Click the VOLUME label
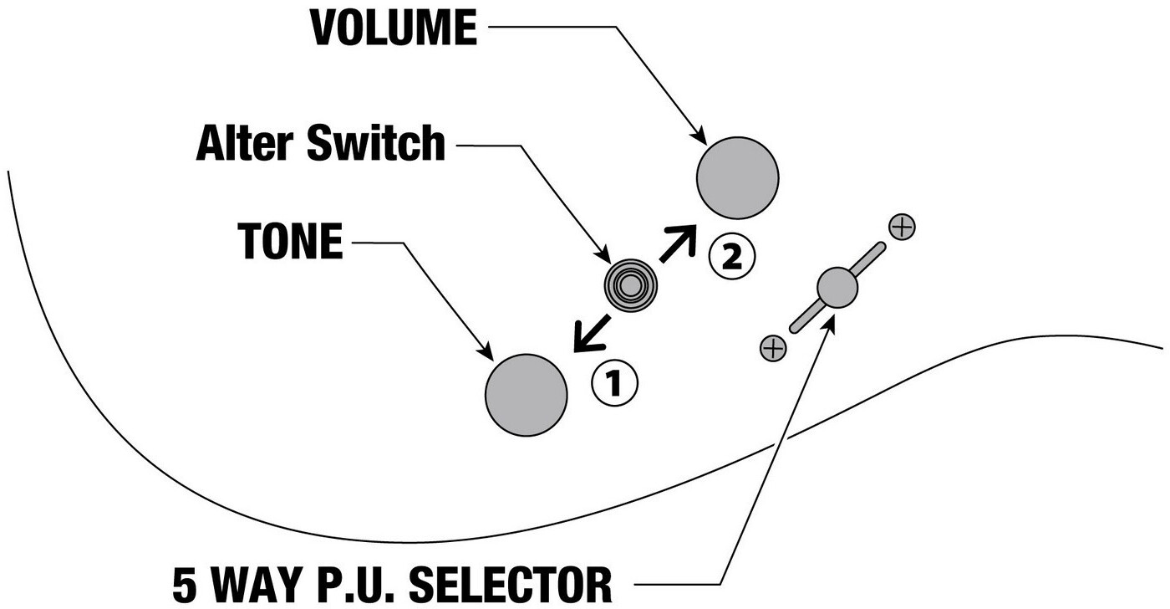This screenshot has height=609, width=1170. (394, 28)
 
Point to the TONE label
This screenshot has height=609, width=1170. (290, 243)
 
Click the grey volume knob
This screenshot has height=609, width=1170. (737, 177)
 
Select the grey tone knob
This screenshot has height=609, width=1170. (526, 395)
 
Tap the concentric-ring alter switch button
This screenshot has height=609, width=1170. (631, 286)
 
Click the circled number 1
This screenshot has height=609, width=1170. (614, 383)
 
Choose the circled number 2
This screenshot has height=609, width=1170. (731, 257)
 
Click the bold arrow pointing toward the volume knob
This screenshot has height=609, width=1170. (678, 243)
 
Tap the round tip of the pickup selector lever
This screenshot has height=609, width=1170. (837, 287)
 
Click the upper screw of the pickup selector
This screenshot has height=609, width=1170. (902, 227)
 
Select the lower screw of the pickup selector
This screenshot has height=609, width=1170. (773, 347)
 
